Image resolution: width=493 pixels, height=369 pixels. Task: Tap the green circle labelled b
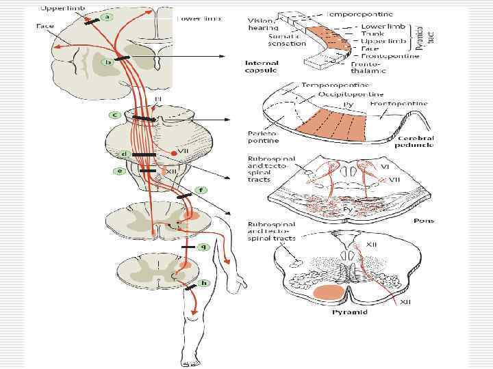108,62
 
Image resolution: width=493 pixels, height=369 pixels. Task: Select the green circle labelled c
116,113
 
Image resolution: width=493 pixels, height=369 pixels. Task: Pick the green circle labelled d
123,154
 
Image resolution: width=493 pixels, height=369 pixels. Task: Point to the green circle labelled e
119,171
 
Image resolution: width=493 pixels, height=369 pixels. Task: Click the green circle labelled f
201,189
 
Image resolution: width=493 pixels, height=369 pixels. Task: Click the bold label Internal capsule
262,66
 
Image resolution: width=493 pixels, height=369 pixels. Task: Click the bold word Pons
425,221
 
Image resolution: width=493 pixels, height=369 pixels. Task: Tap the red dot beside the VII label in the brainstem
173,154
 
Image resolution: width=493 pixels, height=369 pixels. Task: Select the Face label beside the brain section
46,25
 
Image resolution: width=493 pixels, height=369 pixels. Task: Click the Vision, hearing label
264,24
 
